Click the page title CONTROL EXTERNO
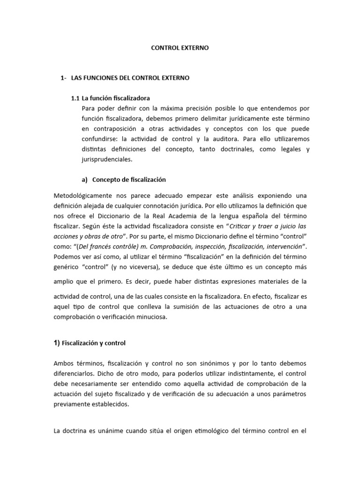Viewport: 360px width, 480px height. (x=180, y=48)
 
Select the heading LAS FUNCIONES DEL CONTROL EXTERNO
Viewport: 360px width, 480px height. (x=130, y=78)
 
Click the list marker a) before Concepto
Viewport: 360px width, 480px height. (x=85, y=180)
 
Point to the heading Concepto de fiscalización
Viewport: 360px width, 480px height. (x=129, y=180)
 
